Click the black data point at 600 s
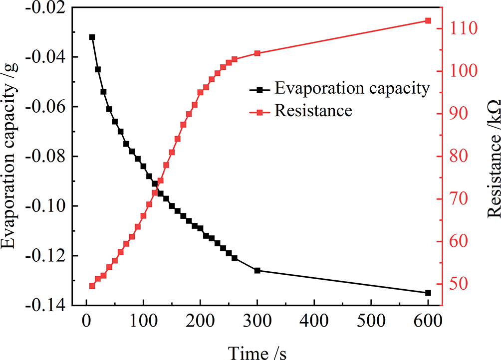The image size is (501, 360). [x=428, y=293]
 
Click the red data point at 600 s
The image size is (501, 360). [x=428, y=20]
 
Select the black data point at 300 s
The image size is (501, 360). [x=257, y=270]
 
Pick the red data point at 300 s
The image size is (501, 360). [x=257, y=53]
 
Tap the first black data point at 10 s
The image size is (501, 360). [x=92, y=37]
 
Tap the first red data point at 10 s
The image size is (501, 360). [x=92, y=286]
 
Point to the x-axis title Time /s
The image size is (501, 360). [x=257, y=351]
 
